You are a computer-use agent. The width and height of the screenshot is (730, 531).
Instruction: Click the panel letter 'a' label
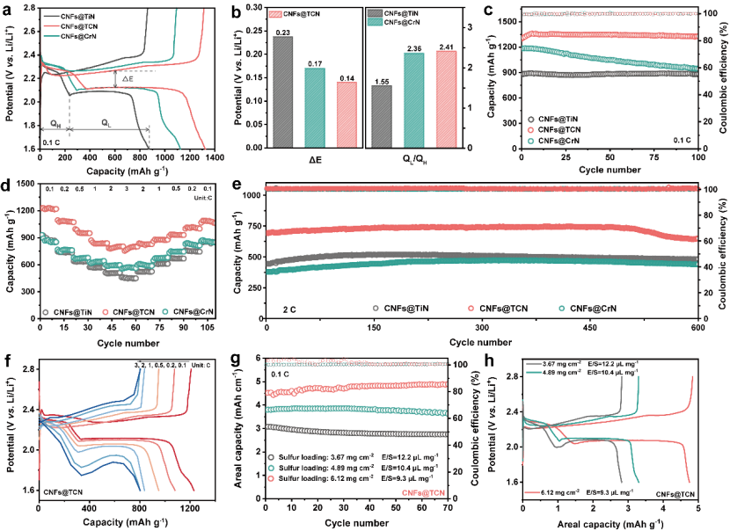click(x=7, y=9)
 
